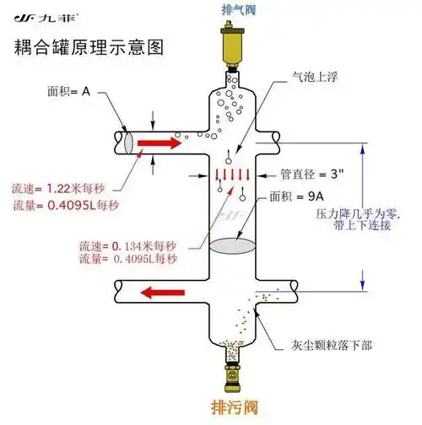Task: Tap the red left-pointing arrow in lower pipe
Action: pyautogui.click(x=164, y=293)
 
